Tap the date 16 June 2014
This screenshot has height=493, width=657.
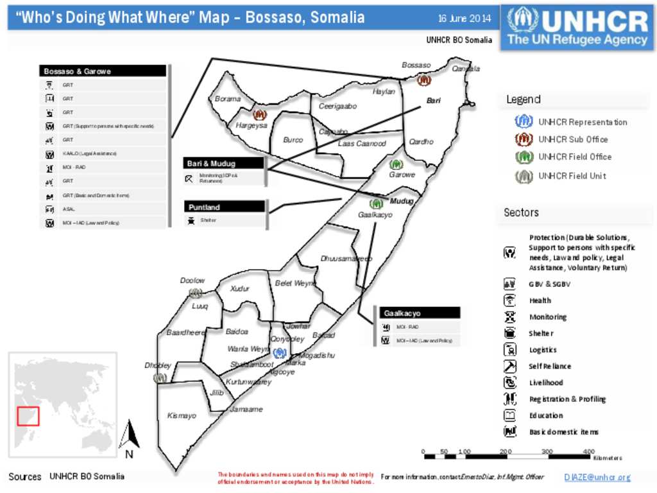tap(465, 18)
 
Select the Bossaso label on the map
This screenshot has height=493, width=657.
tap(416, 65)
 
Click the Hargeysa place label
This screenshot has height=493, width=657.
tap(252, 126)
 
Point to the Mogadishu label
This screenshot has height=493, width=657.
tap(318, 356)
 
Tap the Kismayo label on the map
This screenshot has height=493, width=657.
tap(182, 416)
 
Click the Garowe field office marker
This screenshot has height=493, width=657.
tap(397, 164)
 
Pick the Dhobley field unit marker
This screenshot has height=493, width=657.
tap(160, 378)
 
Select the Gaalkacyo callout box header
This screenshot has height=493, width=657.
tap(420, 313)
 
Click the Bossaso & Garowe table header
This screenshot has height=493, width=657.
tap(103, 71)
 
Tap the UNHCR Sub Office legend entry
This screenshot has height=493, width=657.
tap(573, 139)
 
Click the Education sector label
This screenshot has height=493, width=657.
tap(546, 415)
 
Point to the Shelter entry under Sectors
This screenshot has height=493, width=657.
tap(541, 333)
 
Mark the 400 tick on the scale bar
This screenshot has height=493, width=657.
tap(588, 452)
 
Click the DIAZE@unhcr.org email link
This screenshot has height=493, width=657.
tap(597, 478)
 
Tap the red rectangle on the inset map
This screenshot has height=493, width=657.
tap(28, 416)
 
